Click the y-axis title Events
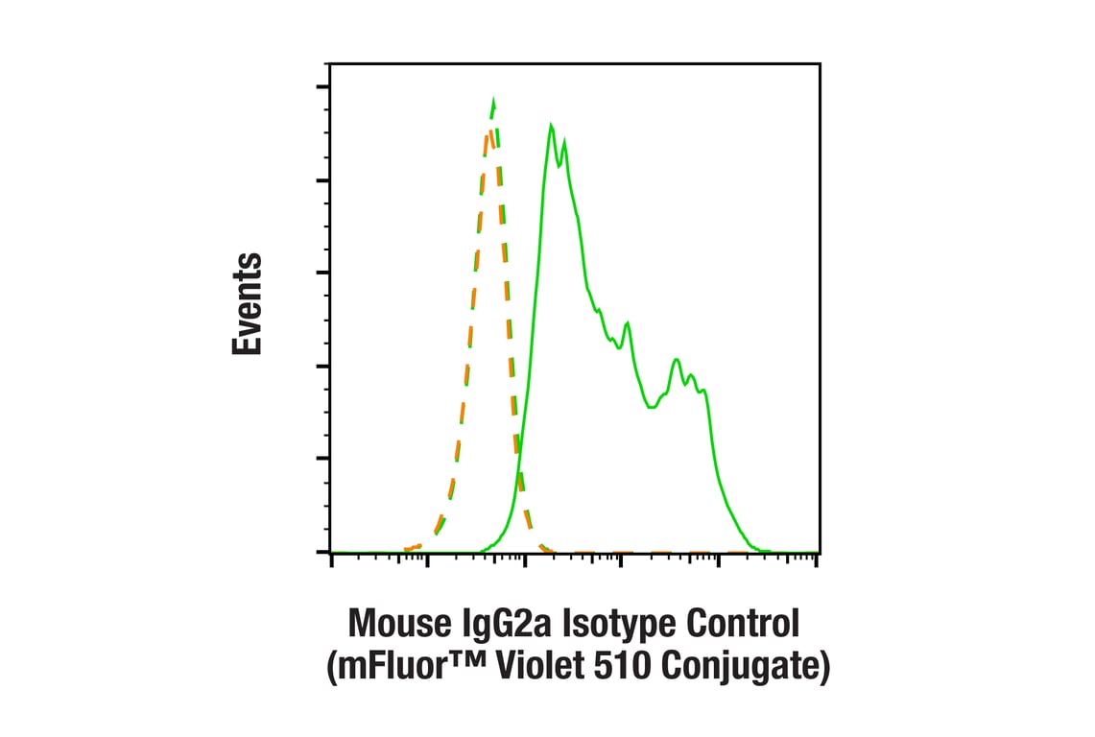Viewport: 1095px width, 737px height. point(247,305)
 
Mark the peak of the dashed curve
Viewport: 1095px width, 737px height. point(492,100)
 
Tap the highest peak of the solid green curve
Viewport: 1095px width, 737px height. point(551,125)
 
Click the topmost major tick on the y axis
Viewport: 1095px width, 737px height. point(323,87)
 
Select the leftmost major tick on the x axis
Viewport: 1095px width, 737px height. point(331,559)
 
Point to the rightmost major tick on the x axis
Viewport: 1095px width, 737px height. point(816,559)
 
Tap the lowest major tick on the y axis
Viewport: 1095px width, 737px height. point(323,552)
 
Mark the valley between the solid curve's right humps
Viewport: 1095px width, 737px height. point(653,407)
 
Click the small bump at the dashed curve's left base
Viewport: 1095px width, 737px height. point(416,547)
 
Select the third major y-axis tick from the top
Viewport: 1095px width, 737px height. point(323,273)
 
